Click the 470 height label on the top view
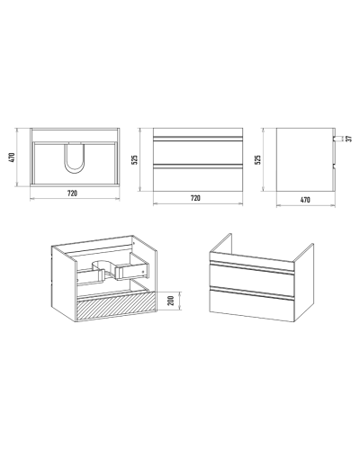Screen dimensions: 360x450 [12, 157]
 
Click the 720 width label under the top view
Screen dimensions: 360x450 [72, 193]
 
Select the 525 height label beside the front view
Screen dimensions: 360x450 [135, 159]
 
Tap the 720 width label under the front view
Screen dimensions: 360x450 [195, 198]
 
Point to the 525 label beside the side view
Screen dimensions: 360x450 [257, 159]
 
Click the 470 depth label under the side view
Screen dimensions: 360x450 [305, 200]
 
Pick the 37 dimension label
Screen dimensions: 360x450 [348, 139]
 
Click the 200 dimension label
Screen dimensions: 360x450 [171, 301]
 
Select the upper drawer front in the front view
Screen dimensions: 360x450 [198, 152]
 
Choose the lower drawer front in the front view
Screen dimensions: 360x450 [198, 177]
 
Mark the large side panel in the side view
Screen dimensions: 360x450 [304, 159]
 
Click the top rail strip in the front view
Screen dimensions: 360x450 [198, 132]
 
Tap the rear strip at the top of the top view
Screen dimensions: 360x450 [75, 135]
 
